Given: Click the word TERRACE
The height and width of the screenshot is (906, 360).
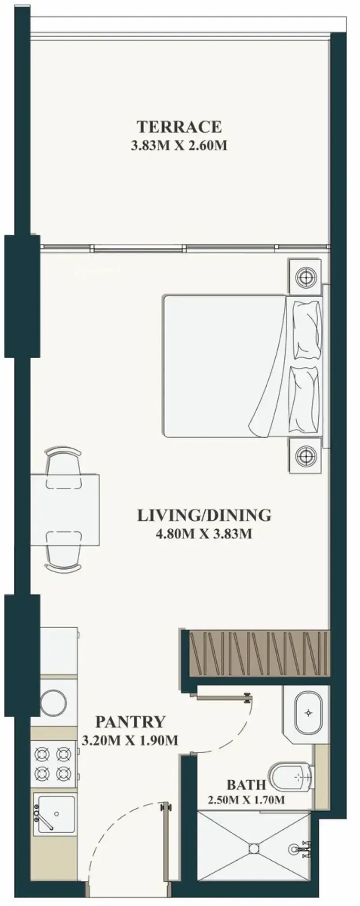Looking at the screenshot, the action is [179, 127].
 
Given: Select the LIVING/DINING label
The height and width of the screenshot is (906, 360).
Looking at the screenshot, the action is [204, 515].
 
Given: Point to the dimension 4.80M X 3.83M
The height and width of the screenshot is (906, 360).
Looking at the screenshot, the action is [203, 534].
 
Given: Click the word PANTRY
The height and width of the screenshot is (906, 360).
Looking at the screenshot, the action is [130, 722].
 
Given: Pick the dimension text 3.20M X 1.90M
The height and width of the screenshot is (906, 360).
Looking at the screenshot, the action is [130, 740].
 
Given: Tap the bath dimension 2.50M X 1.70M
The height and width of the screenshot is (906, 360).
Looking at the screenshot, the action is [246, 800].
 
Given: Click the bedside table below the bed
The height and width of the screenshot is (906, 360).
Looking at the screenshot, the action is [306, 456].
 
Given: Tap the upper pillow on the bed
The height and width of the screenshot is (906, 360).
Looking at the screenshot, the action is [307, 330].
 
